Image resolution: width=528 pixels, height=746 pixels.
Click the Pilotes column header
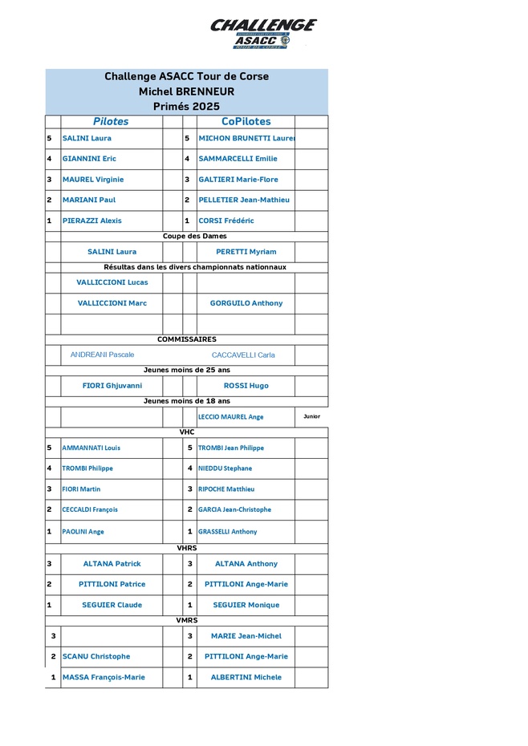tap(111, 122)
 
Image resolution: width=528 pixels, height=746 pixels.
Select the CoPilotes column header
tap(246, 122)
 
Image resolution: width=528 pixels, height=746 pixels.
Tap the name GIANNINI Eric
tap(89, 159)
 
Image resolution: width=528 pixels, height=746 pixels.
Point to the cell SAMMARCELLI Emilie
tap(238, 159)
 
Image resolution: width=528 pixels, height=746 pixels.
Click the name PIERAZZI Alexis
tap(91, 221)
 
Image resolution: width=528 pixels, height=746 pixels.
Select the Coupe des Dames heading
tap(194, 237)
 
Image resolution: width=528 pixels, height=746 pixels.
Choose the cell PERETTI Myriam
tap(246, 252)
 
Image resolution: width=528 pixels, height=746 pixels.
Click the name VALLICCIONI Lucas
tap(112, 282)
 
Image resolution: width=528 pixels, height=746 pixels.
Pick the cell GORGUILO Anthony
tap(246, 303)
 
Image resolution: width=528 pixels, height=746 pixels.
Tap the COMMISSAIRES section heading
tap(186, 339)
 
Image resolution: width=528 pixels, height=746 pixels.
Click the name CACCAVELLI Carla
tap(243, 355)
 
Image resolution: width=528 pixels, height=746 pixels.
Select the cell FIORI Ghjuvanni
tap(112, 386)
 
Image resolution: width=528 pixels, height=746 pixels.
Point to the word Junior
tap(311, 416)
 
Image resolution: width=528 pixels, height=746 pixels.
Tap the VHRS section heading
tap(186, 548)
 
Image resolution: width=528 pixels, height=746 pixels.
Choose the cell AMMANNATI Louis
tap(91, 448)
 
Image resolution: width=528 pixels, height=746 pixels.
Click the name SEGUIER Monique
tap(246, 605)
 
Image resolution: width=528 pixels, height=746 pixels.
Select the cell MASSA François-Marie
tap(104, 677)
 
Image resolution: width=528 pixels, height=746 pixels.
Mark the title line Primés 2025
tap(186, 106)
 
